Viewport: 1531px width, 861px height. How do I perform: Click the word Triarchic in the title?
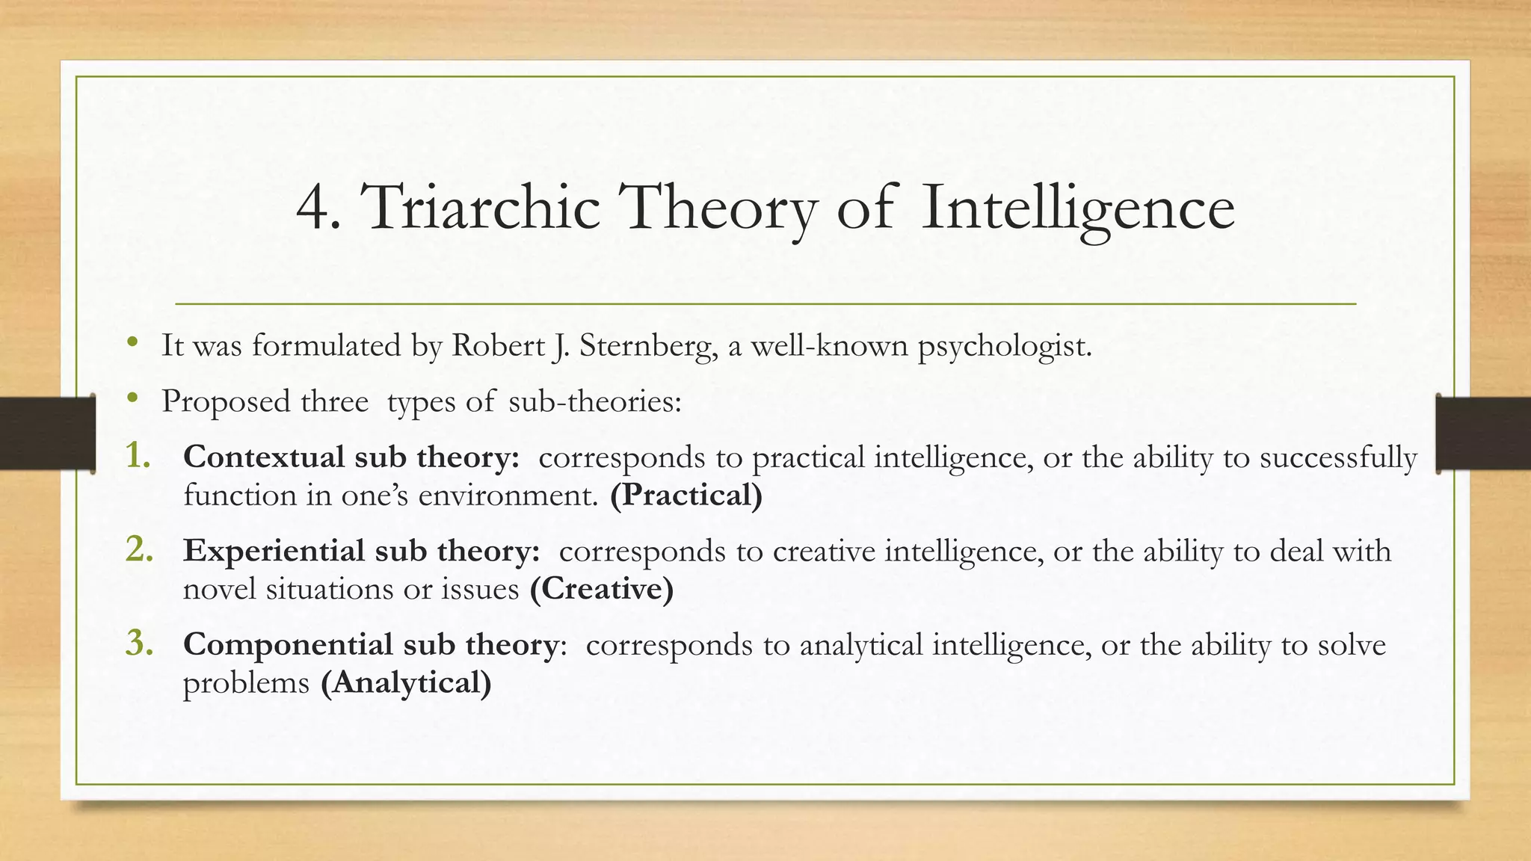click(481, 208)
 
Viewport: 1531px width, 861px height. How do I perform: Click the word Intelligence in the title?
click(1077, 208)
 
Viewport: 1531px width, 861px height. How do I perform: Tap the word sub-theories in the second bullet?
click(594, 402)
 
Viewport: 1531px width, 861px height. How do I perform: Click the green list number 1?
click(138, 455)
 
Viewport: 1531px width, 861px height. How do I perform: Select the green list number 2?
click(139, 549)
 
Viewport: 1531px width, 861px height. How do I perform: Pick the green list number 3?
click(139, 643)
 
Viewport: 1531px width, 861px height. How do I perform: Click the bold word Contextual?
click(264, 457)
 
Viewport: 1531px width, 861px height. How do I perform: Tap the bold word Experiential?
click(274, 551)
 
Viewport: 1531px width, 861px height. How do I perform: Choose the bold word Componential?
click(288, 645)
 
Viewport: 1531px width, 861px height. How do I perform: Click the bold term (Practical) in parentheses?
click(686, 496)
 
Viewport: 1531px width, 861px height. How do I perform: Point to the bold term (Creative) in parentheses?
click(602, 589)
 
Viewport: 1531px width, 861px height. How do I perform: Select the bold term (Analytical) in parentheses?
click(406, 683)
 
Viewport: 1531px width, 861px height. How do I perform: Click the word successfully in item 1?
click(1338, 457)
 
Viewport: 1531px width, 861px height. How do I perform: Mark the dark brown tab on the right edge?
click(1483, 433)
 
